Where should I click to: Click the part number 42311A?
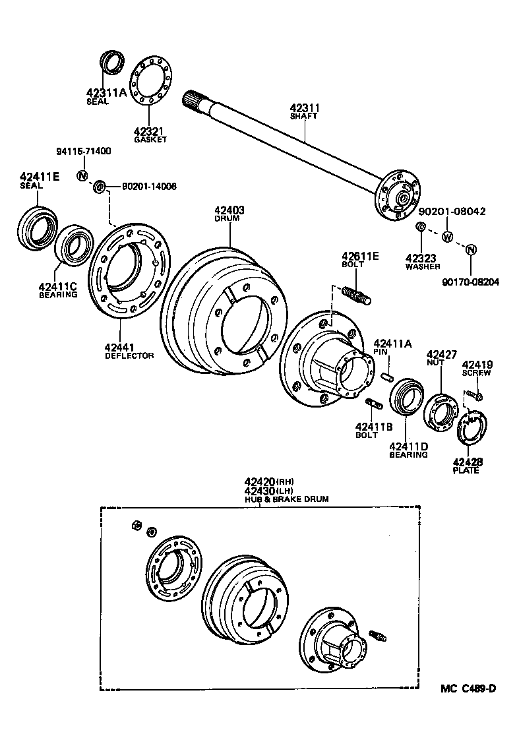point(106,93)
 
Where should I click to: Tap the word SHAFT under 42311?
point(303,116)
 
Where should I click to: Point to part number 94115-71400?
point(83,151)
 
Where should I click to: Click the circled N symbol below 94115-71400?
point(82,175)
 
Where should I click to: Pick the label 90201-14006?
point(149,187)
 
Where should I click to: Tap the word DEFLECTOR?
point(129,355)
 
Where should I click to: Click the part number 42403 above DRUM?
point(229,211)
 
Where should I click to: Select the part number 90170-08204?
point(471,282)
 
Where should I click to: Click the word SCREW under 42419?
point(474,373)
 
